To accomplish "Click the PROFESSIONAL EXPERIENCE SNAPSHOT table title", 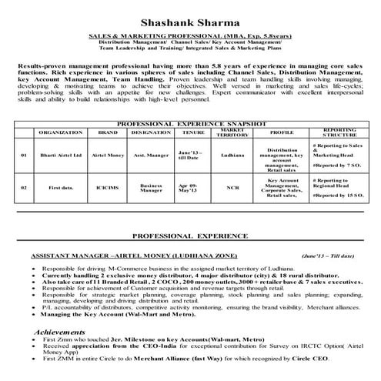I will (191, 123).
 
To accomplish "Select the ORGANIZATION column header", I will (55, 132).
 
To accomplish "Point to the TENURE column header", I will (189, 132).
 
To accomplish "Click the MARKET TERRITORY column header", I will (232, 132).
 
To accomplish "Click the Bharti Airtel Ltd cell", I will (55, 155).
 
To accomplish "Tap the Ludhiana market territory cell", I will (232, 155).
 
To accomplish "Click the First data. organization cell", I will (55, 187).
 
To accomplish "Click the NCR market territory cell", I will (232, 187).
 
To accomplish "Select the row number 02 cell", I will (24, 187).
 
